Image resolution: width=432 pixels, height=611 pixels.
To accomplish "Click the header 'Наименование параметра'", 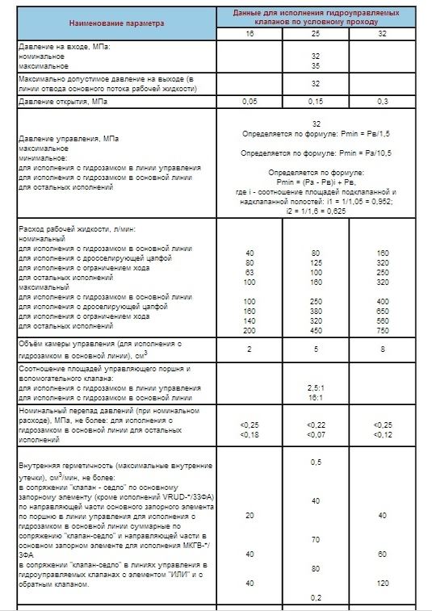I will pos(115,23).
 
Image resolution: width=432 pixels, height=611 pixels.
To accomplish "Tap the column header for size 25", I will pos(316,36).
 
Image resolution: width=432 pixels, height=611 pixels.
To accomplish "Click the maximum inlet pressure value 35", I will pos(316,65).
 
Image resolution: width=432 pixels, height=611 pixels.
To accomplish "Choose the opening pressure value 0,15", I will pos(316,102).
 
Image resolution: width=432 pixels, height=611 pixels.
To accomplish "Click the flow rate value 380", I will pos(316,310).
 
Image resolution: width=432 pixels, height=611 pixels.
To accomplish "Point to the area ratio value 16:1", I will pos(316,398).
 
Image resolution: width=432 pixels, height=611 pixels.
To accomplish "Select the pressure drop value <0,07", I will pos(316,436).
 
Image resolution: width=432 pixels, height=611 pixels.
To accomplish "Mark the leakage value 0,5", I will pos(316,462).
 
